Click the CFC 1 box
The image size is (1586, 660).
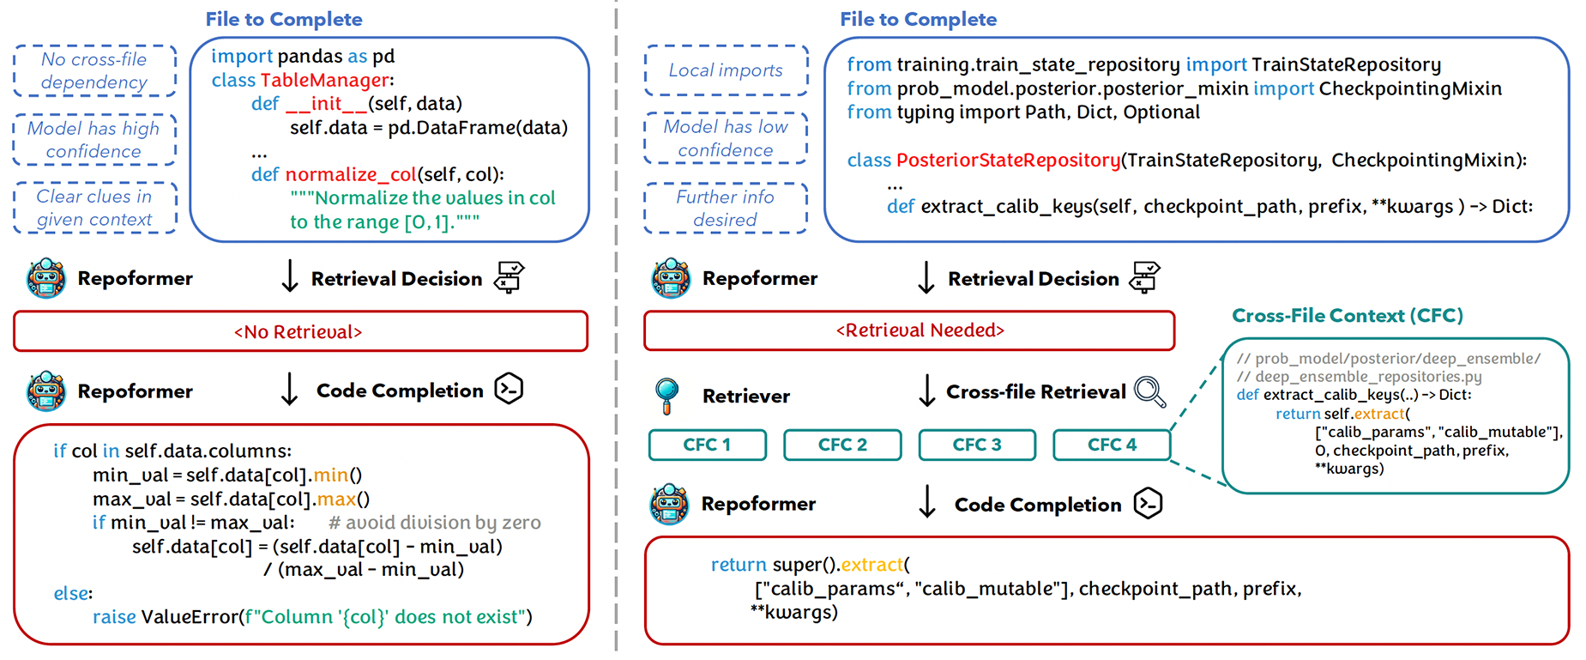tap(707, 445)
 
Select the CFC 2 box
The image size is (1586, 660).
tap(842, 445)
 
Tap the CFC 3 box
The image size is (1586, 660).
tap(977, 445)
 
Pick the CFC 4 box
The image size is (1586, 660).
tap(1112, 445)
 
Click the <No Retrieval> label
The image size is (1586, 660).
tap(299, 332)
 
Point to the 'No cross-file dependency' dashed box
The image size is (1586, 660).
tap(94, 71)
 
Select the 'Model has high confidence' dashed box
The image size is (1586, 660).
tap(94, 140)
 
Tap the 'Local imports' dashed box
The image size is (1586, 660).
tap(726, 70)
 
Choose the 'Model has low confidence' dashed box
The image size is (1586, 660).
tap(726, 138)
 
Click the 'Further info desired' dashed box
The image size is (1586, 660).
tap(726, 209)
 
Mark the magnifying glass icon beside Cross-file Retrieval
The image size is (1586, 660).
tap(1149, 392)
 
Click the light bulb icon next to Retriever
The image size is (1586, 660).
tap(666, 395)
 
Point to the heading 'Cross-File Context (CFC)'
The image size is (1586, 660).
tap(1347, 316)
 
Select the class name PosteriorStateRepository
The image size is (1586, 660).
tap(1008, 160)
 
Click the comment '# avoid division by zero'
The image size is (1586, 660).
tap(434, 523)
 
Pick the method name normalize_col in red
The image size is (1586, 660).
tap(351, 175)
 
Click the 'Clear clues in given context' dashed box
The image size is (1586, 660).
tap(94, 209)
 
